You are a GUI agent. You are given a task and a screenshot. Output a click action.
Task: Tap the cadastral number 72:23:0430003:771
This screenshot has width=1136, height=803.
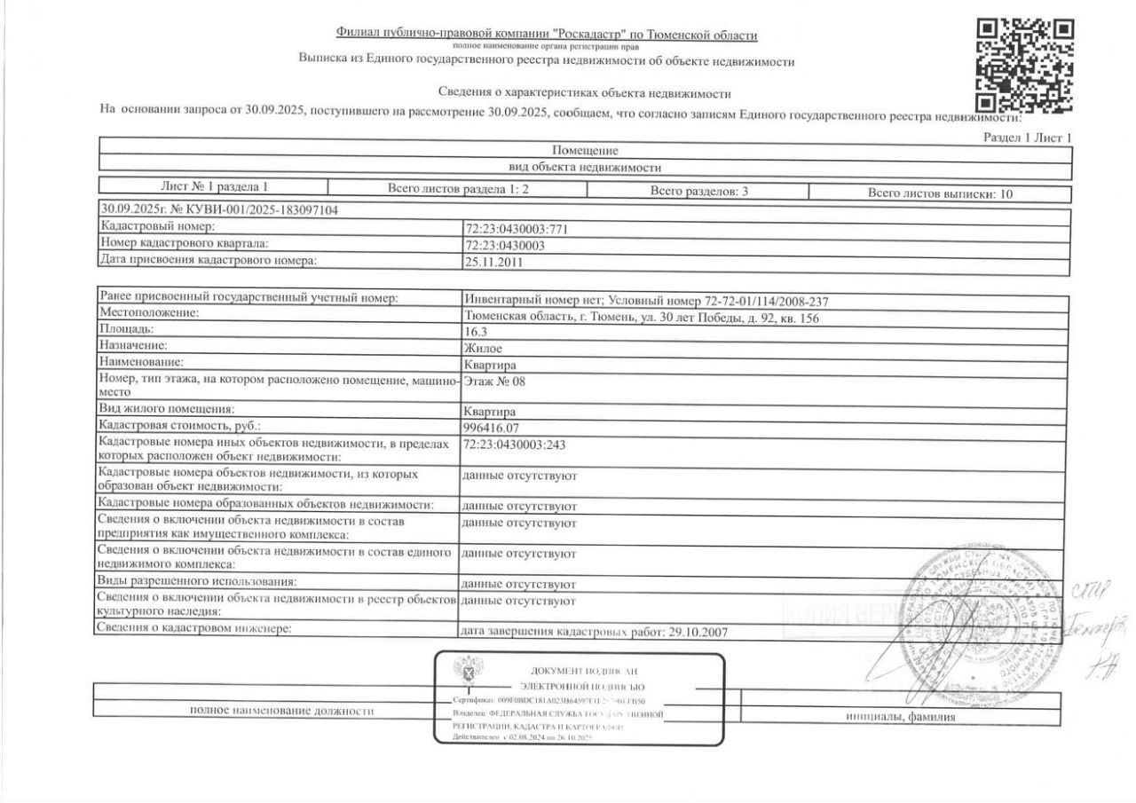pos(517,229)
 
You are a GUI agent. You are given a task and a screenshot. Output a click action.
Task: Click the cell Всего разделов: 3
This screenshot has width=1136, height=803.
pos(698,192)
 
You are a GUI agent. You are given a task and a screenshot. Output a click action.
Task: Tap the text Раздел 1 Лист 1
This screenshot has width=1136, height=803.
pos(1029,138)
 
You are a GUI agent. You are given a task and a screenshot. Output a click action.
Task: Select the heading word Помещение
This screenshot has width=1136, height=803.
pos(585,151)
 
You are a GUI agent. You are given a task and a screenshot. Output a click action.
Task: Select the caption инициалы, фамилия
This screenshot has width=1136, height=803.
pos(900,717)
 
